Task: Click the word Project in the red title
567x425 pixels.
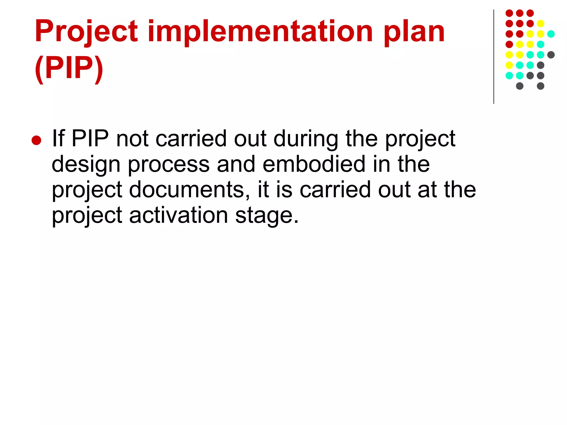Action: click(86, 32)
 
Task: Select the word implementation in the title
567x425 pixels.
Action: click(260, 32)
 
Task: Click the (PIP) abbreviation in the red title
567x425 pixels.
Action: click(69, 68)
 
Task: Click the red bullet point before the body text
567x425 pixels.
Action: click(36, 140)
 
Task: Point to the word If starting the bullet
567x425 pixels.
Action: click(58, 138)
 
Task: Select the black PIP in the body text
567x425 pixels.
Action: click(90, 138)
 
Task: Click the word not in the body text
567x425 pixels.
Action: click(132, 139)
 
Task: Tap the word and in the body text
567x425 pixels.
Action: click(236, 164)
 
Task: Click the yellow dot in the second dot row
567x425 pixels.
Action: click(540, 24)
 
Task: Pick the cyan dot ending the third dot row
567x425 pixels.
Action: click(551, 34)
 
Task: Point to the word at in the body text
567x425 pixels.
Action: click(427, 190)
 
